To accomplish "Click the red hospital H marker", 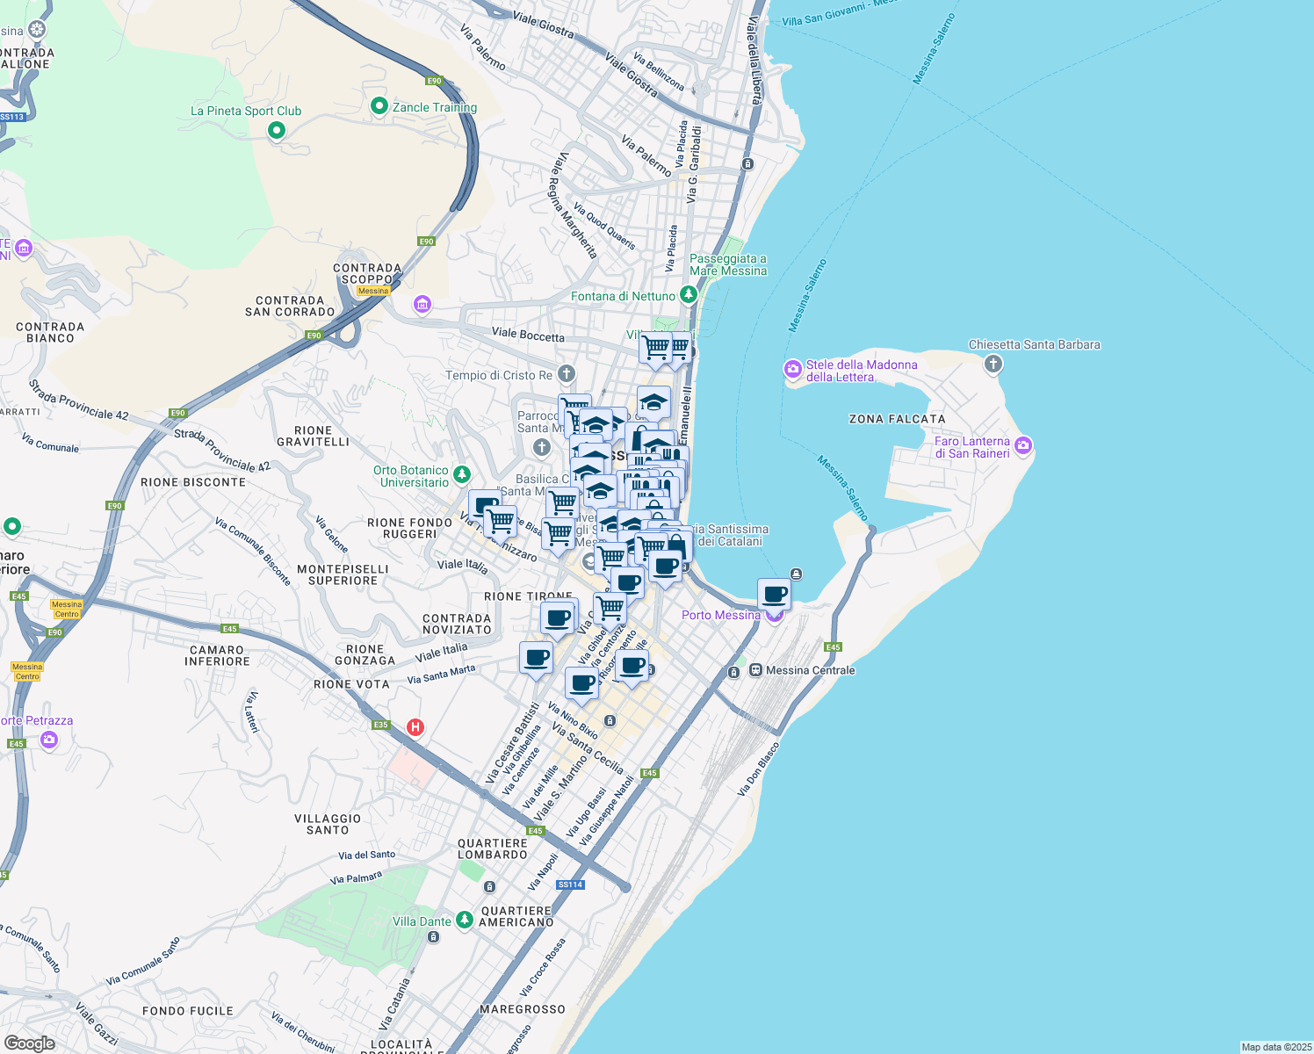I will tap(416, 727).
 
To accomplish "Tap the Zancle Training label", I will tap(434, 107).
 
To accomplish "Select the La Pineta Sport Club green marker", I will tap(277, 131).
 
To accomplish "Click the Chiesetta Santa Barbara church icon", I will tap(993, 364).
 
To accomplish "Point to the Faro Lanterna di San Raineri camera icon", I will tap(1023, 446).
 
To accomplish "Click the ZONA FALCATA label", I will tap(897, 419).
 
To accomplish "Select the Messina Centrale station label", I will tap(810, 670).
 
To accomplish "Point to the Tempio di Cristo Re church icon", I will tap(567, 374).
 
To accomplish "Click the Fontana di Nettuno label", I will tap(623, 296).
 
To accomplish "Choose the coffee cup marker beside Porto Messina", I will tap(775, 595).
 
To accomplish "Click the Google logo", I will tap(29, 1043).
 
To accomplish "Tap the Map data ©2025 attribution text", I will tap(1275, 1047).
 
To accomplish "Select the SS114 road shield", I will tap(570, 884).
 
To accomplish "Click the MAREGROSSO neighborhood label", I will tap(523, 1009).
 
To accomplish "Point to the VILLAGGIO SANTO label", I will tap(328, 824).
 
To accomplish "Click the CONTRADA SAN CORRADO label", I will tap(290, 306).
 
